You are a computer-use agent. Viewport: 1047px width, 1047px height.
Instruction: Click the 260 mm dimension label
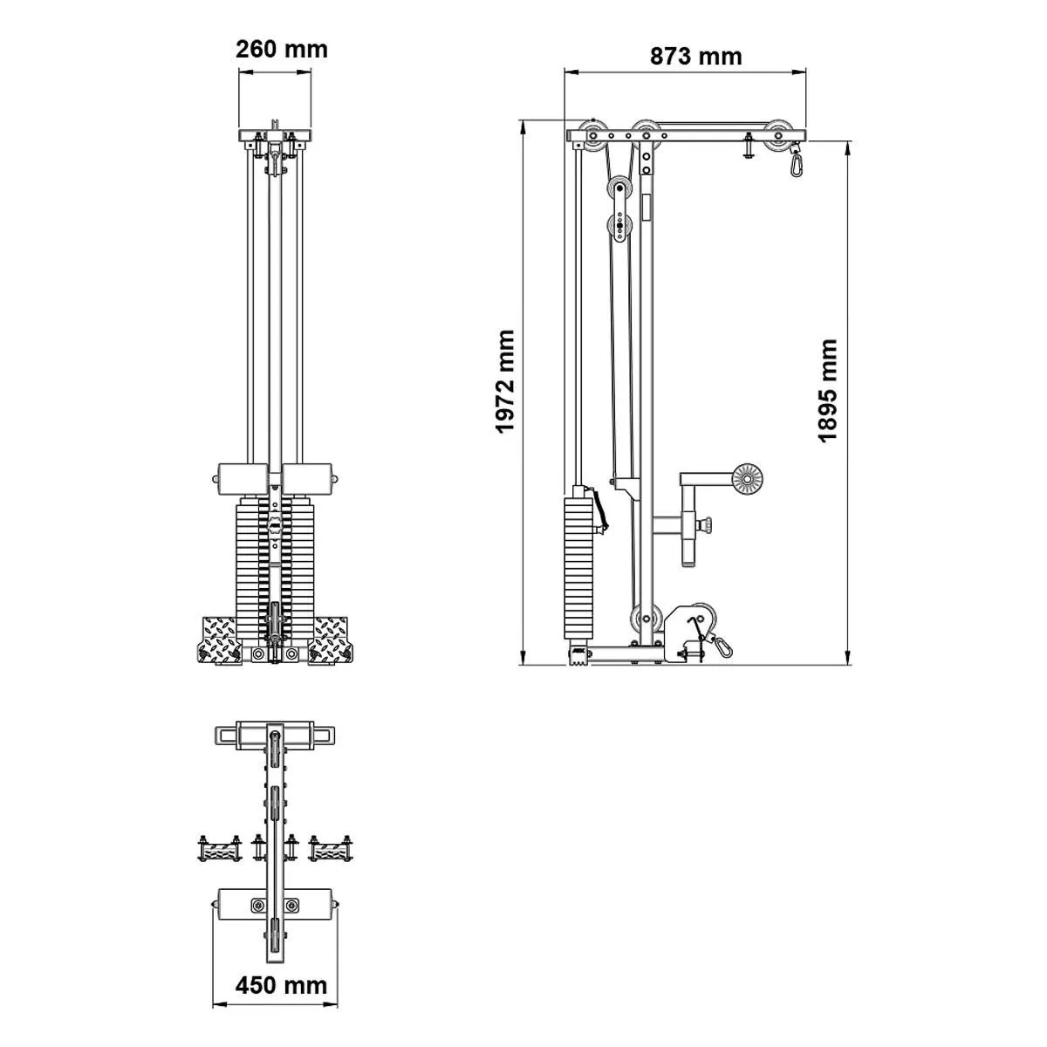click(x=281, y=49)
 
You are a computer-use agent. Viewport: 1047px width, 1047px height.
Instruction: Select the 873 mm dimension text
click(x=695, y=57)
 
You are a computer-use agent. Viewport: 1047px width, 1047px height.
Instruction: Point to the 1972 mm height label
click(x=506, y=381)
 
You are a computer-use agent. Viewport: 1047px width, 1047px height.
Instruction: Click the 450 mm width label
click(x=281, y=986)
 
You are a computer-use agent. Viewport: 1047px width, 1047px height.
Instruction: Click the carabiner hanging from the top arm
click(x=796, y=162)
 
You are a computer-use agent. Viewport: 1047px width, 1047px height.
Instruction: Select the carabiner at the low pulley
click(x=722, y=646)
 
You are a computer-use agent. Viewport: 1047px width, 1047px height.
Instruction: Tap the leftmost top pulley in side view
click(x=596, y=135)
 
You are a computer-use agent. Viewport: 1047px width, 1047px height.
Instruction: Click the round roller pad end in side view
click(x=747, y=479)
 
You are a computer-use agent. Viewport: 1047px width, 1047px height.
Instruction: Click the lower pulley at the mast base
click(x=643, y=616)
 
